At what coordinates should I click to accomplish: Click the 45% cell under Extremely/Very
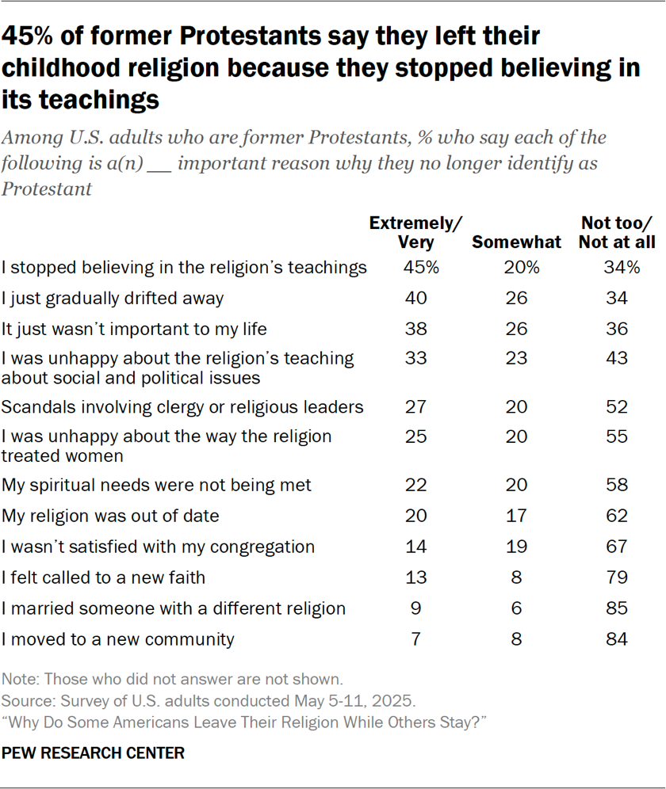[422, 268]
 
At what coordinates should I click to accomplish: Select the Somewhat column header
[516, 242]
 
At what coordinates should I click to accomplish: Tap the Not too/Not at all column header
[617, 233]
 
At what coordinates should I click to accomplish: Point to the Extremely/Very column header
[416, 233]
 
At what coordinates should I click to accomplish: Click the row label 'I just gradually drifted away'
[113, 299]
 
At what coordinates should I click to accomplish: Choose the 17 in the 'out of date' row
[517, 516]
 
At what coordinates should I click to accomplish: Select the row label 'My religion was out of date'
[110, 516]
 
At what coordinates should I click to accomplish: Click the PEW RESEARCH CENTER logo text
[94, 753]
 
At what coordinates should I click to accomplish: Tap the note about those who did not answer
[173, 679]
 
